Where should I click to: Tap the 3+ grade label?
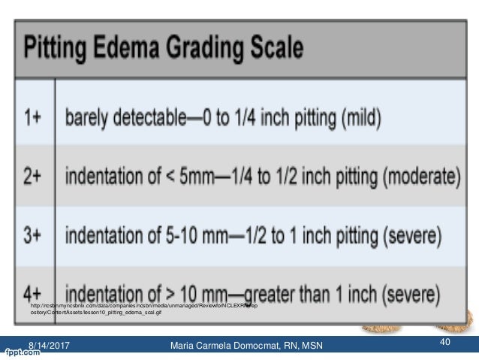34,237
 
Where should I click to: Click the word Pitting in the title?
62,50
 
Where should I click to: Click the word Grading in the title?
209,50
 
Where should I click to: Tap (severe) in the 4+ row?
417,290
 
